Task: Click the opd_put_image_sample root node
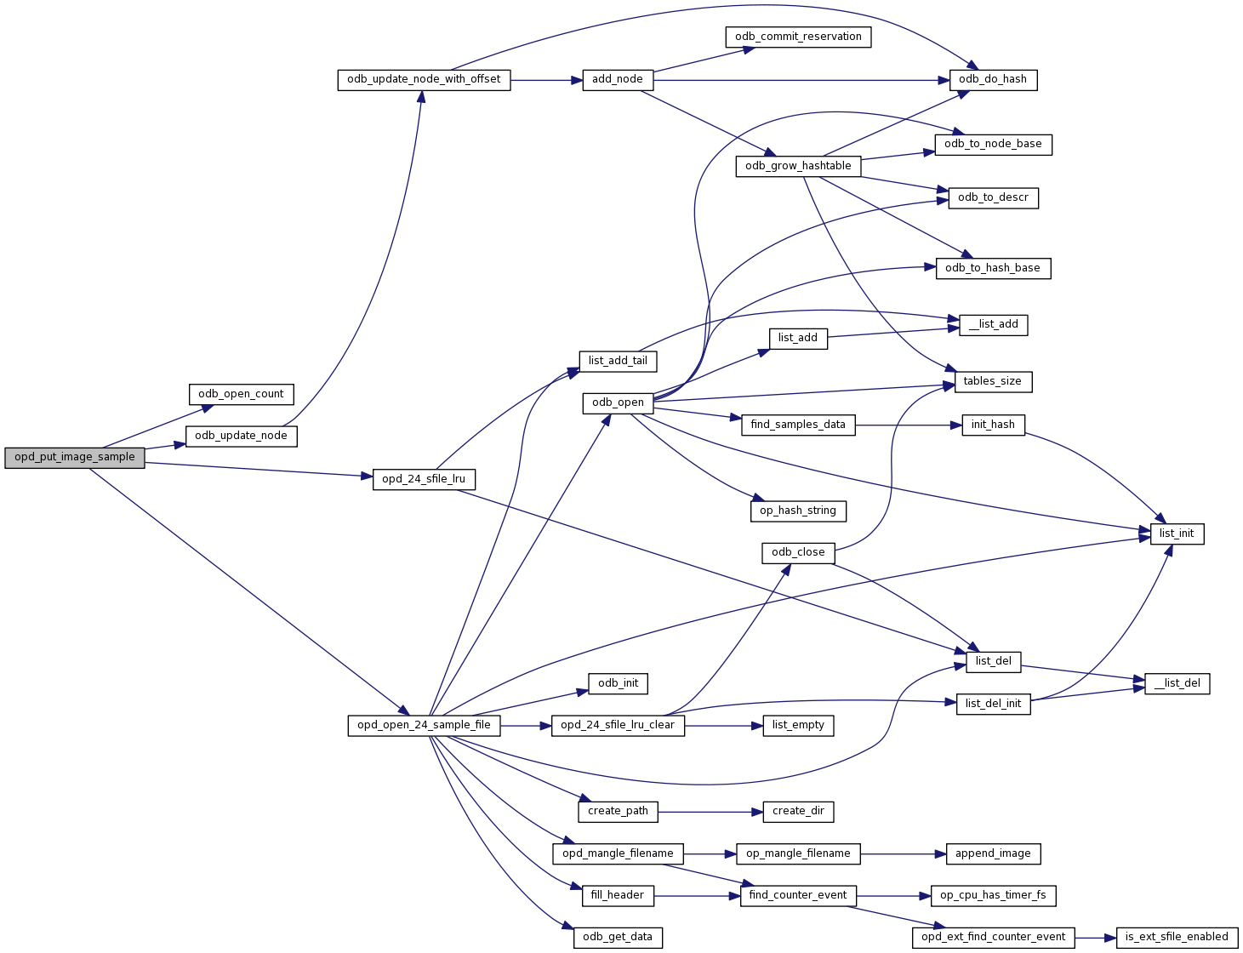point(75,457)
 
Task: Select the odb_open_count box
point(242,394)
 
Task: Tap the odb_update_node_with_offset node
point(424,80)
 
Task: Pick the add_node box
point(618,80)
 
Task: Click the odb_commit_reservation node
point(798,37)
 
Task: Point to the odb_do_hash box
point(993,80)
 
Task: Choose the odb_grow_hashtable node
point(798,166)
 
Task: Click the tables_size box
point(993,381)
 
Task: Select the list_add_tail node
point(618,361)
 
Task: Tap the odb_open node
point(618,402)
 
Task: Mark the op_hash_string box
point(798,511)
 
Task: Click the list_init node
point(1177,534)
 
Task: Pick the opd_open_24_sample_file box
point(424,726)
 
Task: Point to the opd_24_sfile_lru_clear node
point(618,726)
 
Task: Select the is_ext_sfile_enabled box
point(1177,937)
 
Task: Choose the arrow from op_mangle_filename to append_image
point(903,853)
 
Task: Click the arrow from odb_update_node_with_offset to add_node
point(545,80)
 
